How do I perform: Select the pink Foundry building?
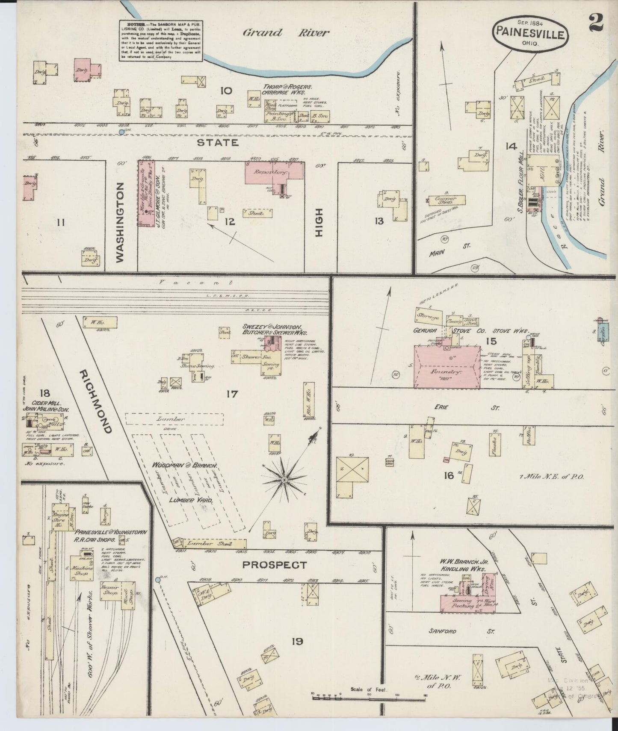(x=446, y=367)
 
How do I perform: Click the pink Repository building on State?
(x=274, y=173)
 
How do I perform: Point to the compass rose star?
(x=284, y=481)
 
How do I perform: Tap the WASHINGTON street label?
(x=120, y=221)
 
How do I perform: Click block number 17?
(x=232, y=394)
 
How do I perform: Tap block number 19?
(x=297, y=641)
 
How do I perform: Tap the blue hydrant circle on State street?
(x=121, y=133)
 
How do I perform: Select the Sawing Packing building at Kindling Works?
(x=462, y=604)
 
